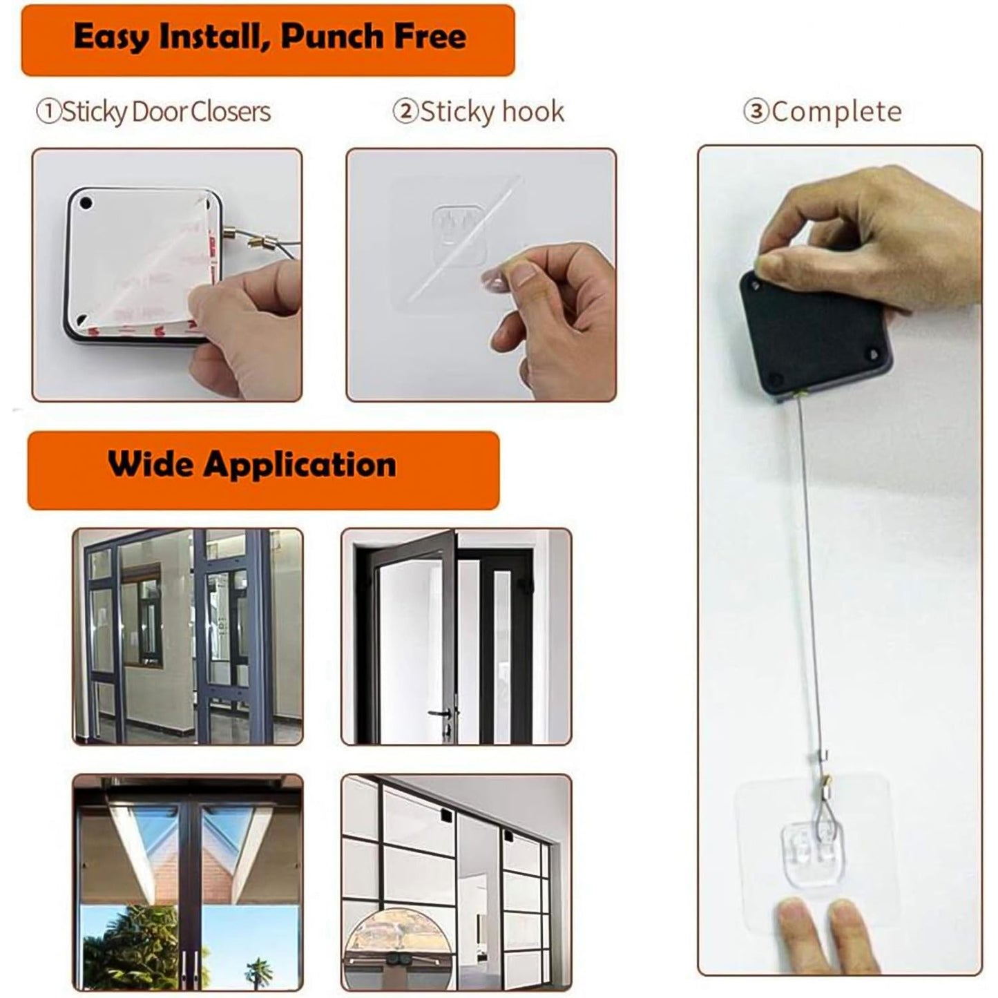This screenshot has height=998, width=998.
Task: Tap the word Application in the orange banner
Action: click(300, 464)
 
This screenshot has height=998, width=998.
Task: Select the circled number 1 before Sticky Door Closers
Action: click(48, 112)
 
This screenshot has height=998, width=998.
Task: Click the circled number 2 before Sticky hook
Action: click(405, 112)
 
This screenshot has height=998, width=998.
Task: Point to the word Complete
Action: click(836, 112)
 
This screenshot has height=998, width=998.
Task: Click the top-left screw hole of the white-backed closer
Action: click(86, 205)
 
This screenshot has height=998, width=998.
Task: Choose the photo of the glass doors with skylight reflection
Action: click(188, 882)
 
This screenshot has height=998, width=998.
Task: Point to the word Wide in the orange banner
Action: click(151, 464)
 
